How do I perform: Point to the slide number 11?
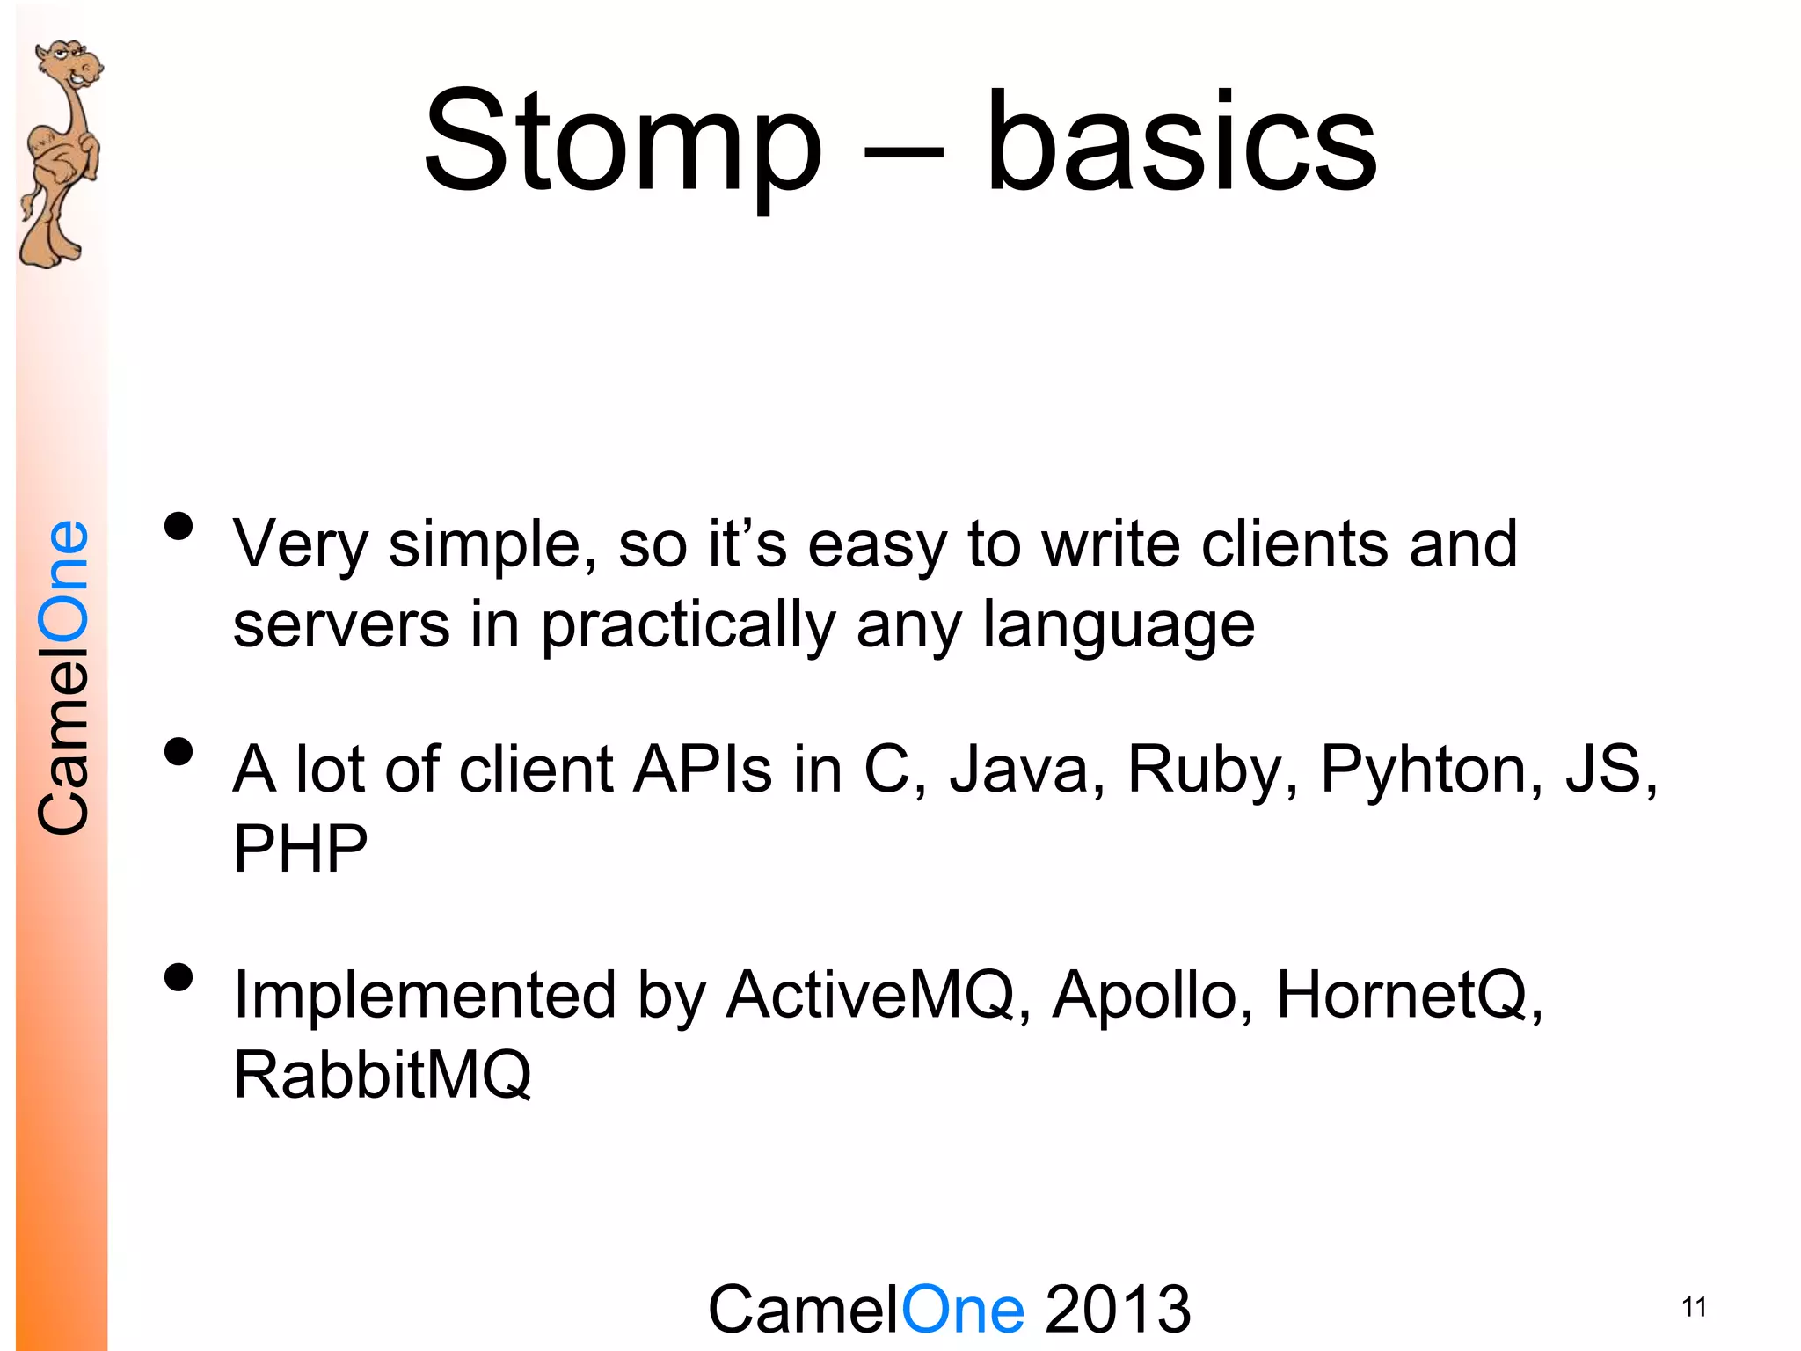tap(1694, 1307)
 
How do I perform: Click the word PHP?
tap(300, 849)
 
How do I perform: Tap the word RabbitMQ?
tap(383, 1075)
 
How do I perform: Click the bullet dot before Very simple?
tap(179, 527)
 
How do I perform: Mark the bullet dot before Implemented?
tap(179, 977)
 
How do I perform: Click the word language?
tap(1118, 626)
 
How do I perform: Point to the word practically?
tap(688, 626)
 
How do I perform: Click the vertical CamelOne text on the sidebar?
tap(63, 677)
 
